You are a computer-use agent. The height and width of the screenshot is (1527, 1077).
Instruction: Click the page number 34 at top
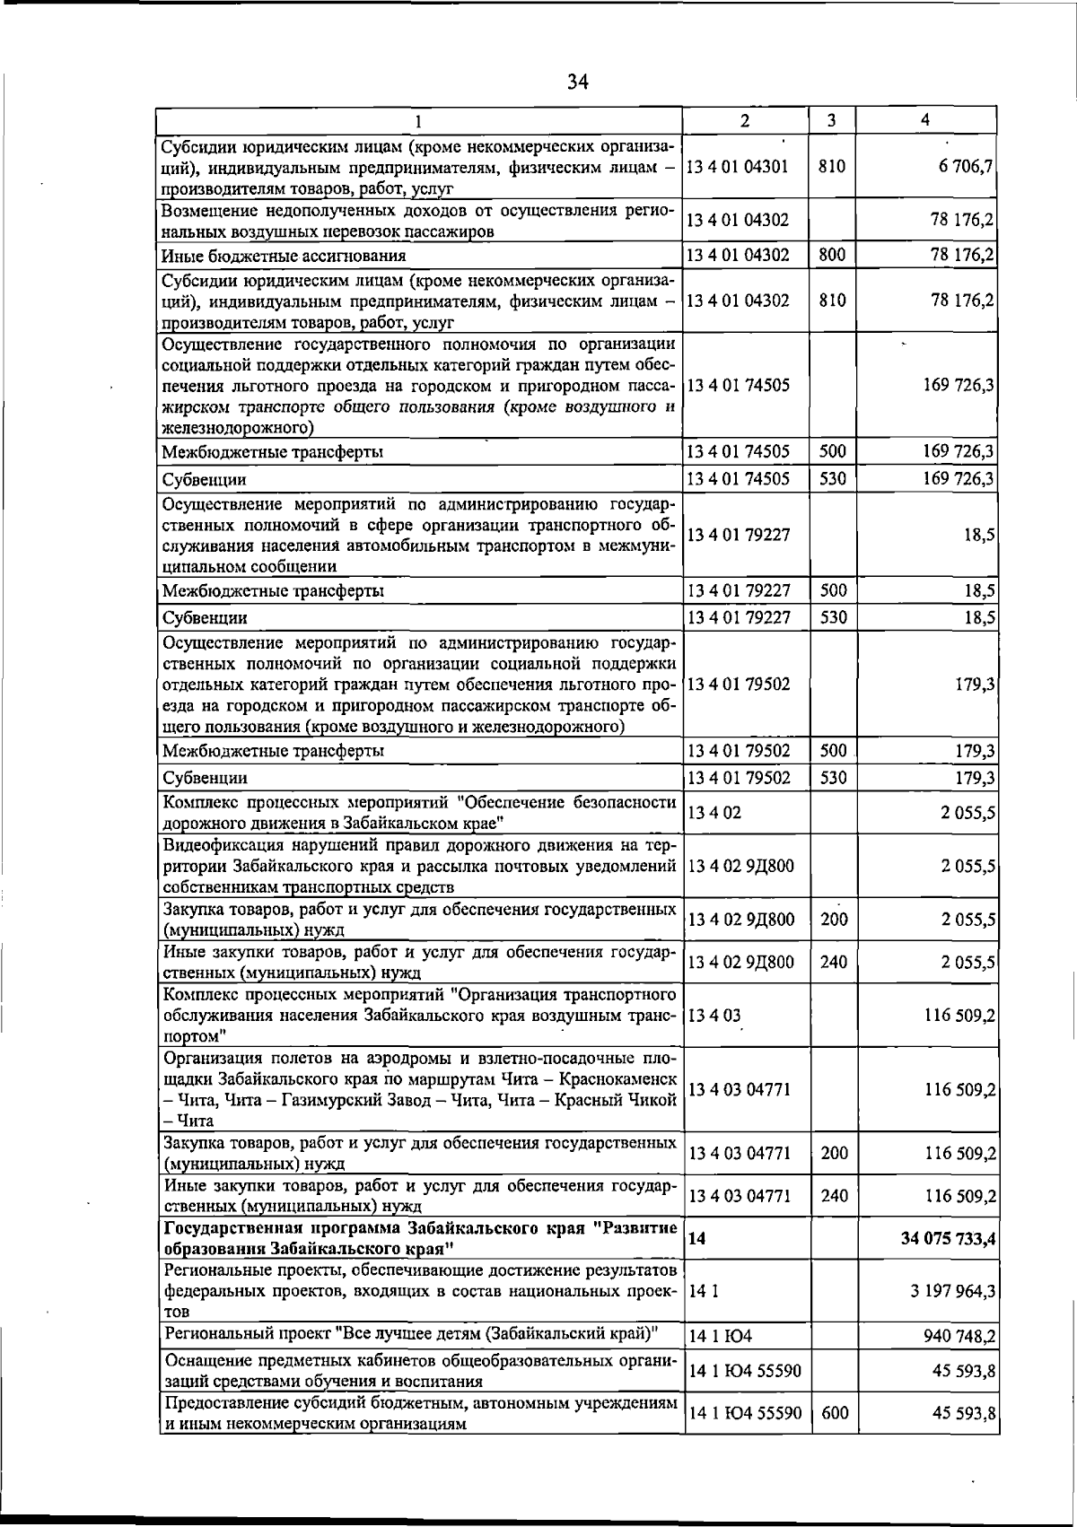tap(577, 83)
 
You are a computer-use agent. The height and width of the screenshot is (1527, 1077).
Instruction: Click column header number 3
tap(832, 120)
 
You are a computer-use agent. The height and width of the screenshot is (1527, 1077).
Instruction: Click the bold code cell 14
tap(696, 1239)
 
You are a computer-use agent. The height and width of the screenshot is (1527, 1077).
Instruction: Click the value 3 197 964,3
tap(953, 1292)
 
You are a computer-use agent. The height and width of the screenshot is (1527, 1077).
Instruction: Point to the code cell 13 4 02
tap(714, 814)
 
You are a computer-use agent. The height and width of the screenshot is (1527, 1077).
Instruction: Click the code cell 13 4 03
tap(714, 1017)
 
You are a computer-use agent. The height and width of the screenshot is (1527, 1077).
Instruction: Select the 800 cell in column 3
tap(832, 255)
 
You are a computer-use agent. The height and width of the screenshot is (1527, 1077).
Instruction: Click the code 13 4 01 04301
tap(739, 166)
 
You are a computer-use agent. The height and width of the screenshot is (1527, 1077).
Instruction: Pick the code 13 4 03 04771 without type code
tap(739, 1090)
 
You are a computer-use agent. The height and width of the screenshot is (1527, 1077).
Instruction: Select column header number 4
tap(925, 120)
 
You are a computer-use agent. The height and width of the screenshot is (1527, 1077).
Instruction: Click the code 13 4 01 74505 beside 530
tap(739, 479)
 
